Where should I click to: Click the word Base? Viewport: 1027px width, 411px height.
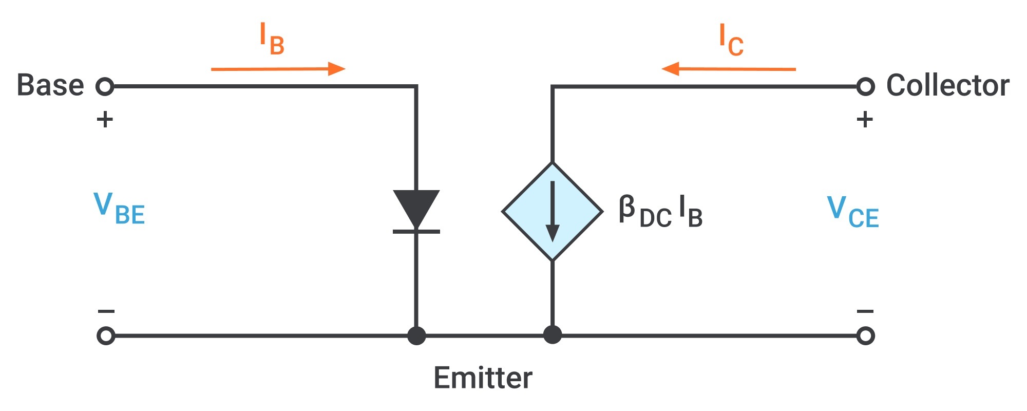(x=50, y=85)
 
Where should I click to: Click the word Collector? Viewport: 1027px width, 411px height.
(x=948, y=85)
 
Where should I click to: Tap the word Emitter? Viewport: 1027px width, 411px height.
(x=483, y=378)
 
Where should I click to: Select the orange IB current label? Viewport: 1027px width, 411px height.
(x=272, y=39)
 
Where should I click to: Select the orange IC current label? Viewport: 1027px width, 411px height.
(x=731, y=40)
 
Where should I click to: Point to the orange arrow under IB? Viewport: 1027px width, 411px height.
(x=278, y=69)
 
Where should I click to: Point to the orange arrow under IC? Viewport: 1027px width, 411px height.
(x=729, y=69)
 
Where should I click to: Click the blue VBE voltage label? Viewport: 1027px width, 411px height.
(x=119, y=209)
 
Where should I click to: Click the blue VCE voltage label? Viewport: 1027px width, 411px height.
(x=853, y=212)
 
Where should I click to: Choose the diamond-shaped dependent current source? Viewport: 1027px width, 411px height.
(x=552, y=211)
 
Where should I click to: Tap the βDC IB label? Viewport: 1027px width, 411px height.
(x=660, y=211)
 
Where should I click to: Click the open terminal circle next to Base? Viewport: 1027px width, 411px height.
(x=105, y=86)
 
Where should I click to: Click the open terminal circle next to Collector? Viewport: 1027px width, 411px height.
(x=865, y=86)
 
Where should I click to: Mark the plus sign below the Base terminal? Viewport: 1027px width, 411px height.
(x=105, y=120)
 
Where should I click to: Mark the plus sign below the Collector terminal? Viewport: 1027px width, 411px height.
(x=865, y=120)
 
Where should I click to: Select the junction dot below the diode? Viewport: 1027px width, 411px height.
(x=416, y=336)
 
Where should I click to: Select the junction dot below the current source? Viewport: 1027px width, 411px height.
(x=552, y=335)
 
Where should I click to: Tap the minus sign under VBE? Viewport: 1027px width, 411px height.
(x=106, y=311)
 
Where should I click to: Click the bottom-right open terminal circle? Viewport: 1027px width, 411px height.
(x=865, y=336)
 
